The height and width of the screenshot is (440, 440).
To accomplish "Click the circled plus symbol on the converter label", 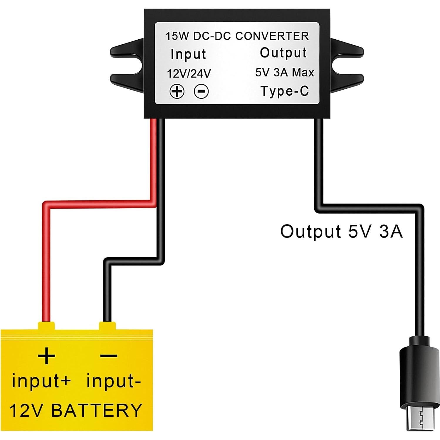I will click(177, 91).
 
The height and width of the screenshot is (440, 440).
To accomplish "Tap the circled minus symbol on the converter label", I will click(201, 91).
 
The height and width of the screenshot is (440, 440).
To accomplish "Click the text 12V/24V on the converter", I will click(189, 74).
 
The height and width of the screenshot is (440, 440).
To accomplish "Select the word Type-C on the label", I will click(285, 91).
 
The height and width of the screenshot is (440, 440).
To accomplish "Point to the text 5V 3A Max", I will click(284, 72).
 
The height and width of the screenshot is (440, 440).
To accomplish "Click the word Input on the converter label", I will click(188, 54).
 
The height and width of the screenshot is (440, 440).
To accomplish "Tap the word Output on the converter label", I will click(283, 53).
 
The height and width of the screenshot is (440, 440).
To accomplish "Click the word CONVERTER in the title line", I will click(272, 36).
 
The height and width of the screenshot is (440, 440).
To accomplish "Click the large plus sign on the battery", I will click(46, 356).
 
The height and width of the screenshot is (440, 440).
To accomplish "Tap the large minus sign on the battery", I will click(108, 356).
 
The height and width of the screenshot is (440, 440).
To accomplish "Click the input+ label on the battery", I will click(41, 381).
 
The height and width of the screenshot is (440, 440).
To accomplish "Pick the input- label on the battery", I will click(113, 381).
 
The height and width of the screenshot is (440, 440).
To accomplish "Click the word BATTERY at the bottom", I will click(97, 410).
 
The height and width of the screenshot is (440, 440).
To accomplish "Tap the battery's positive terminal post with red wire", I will click(46, 326).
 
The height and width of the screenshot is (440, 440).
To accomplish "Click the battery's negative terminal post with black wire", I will click(107, 326).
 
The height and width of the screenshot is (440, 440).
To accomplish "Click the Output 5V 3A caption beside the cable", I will click(341, 231).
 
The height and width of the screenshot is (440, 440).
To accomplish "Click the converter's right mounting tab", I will click(347, 65).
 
